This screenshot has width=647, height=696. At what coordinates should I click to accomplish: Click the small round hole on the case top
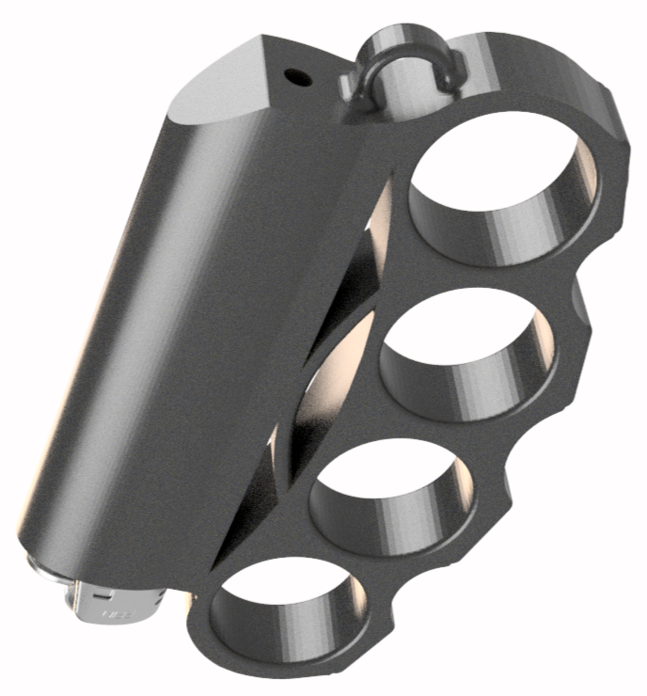(x=296, y=74)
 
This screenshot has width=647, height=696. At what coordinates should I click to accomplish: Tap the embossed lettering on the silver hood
(x=118, y=613)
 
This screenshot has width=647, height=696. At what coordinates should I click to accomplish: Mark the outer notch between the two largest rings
(x=578, y=292)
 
